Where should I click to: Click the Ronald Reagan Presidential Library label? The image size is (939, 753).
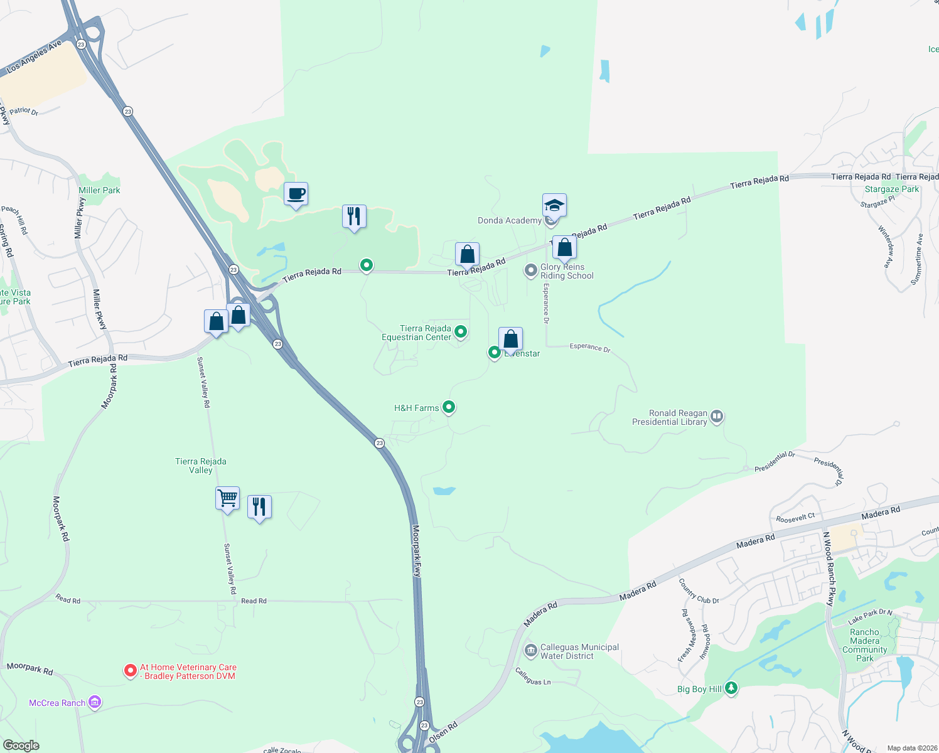coord(670,417)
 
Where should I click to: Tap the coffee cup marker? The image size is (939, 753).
coord(296,194)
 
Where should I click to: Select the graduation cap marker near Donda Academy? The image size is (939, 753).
coord(554,205)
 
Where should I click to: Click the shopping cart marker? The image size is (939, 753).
coord(227,498)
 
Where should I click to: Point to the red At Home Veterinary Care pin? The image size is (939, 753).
coord(130,671)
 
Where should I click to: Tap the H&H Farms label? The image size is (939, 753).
coord(416,408)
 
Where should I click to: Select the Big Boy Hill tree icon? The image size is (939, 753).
coord(731,688)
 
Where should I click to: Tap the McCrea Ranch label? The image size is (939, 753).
coord(57,703)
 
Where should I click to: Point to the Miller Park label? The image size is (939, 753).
coord(99,190)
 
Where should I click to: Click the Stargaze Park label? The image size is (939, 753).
coord(891,189)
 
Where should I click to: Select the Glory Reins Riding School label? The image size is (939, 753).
coord(567,271)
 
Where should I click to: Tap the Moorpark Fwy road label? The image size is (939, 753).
coord(416,551)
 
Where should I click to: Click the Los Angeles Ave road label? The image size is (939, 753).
coord(35,56)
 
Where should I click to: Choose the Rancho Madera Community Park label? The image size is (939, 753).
coord(864,645)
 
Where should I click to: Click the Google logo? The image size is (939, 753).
coord(21,745)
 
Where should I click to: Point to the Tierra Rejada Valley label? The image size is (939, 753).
coord(201,466)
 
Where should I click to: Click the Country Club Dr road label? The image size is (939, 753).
coord(698,591)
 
